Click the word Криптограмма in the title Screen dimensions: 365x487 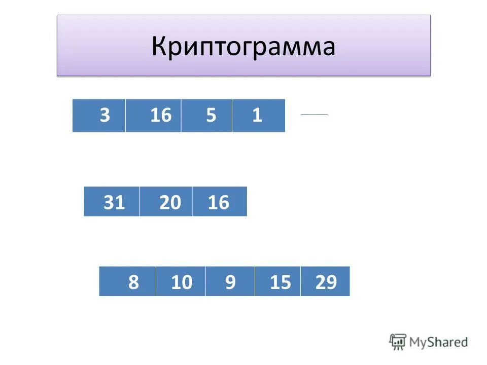(243, 47)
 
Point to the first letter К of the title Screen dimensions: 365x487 (158, 47)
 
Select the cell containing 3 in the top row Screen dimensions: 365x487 (99, 116)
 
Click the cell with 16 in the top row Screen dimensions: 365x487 (153, 116)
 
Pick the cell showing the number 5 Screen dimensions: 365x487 (207, 116)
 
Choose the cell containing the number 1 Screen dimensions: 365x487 (259, 116)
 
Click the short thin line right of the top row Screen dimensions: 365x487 (315, 115)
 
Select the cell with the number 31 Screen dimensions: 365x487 (112, 202)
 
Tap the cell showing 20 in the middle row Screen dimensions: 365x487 (166, 202)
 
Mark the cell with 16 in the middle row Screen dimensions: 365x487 (220, 202)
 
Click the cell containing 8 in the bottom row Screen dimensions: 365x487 (127, 281)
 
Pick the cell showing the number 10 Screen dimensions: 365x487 (181, 281)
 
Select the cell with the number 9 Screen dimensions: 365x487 (230, 281)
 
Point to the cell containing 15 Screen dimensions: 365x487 (278, 281)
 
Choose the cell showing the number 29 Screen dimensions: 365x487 (325, 281)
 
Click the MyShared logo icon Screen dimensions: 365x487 (398, 342)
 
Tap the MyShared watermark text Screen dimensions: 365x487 (439, 342)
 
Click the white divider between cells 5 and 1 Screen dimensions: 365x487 (232, 116)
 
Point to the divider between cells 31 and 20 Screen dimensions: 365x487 (139, 202)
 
